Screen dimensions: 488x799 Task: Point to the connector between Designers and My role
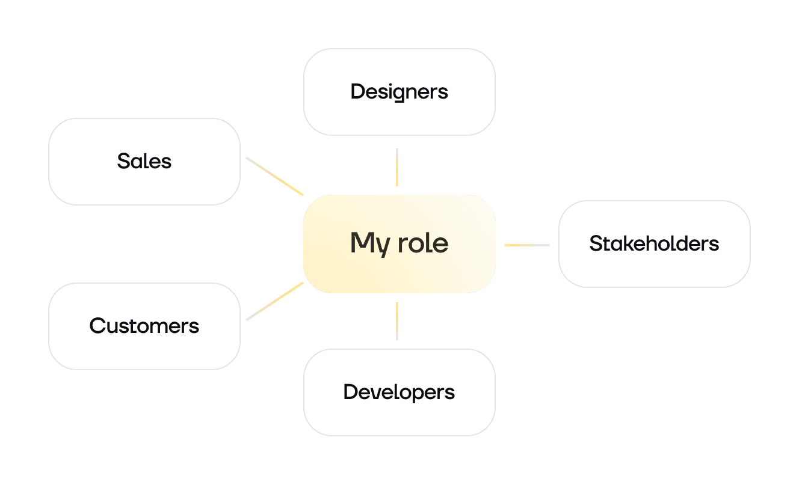pos(397,167)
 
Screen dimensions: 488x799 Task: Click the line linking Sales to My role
pos(274,176)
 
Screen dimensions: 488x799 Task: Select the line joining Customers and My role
pos(274,301)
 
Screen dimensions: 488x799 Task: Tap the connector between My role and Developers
pos(397,321)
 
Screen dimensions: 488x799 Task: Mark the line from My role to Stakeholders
pos(526,245)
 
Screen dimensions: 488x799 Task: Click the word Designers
pos(399,92)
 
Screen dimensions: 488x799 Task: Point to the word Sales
pos(144,161)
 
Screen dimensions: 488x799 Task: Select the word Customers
pos(144,326)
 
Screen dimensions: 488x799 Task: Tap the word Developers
pos(399,392)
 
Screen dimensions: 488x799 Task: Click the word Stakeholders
pos(654,244)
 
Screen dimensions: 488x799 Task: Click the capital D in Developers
pos(350,392)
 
